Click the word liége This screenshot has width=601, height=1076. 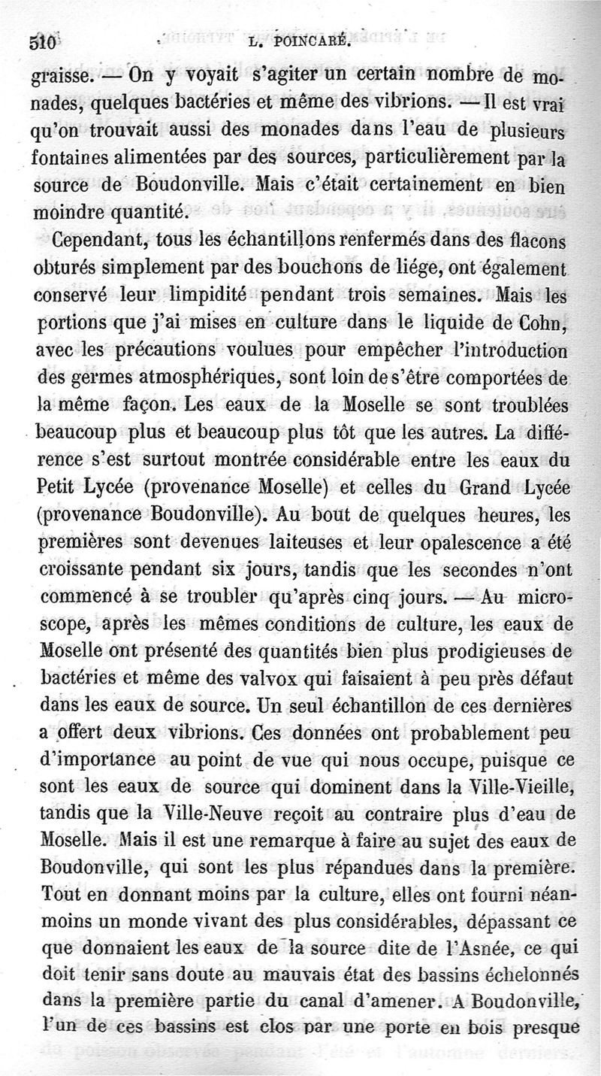tap(374, 269)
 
